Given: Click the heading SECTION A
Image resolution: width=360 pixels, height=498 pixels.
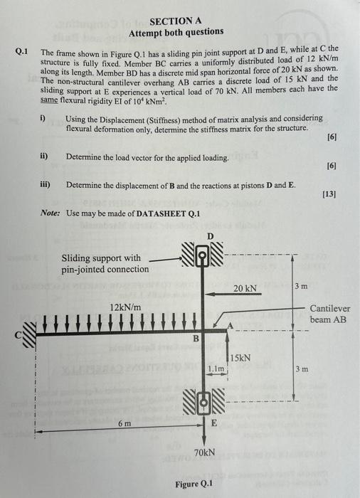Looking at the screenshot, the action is coord(175,21).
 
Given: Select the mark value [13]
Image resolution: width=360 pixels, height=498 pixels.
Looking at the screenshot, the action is coord(329,194).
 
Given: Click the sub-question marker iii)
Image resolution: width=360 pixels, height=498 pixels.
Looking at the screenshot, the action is coord(45,184).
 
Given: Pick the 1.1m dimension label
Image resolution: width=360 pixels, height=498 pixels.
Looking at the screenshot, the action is coord(216,369).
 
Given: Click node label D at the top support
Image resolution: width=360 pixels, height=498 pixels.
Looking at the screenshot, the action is coord(209,235).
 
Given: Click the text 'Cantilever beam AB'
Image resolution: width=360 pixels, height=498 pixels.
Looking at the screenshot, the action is coord(330,314).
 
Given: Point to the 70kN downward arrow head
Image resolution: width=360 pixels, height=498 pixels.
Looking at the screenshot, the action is coord(203,441).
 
